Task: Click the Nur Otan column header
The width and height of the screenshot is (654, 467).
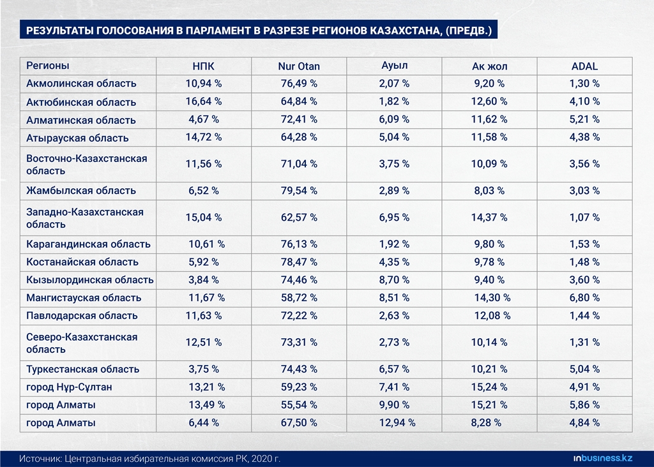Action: click(x=299, y=66)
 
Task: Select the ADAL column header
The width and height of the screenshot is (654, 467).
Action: click(x=584, y=66)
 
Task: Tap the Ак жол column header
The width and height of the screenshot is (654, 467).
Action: click(x=489, y=66)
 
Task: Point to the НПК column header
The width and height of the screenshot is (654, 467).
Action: click(x=203, y=66)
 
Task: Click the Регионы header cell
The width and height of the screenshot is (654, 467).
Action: click(x=47, y=66)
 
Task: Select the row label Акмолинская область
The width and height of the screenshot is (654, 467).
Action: click(x=81, y=84)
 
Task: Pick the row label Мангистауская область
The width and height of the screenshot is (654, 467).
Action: click(x=84, y=298)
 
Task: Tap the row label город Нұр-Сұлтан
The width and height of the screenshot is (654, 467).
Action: click(x=69, y=387)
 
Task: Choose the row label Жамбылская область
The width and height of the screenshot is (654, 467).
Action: click(x=81, y=190)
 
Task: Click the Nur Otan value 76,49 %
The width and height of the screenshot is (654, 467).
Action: click(x=299, y=84)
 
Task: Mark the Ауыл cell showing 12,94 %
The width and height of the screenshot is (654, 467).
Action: click(x=397, y=423)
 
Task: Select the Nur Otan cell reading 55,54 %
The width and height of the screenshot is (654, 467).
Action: click(x=299, y=405)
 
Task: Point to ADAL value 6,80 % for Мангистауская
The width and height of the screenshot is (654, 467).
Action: click(x=584, y=298)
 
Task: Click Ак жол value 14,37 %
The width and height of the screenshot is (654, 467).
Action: click(x=489, y=218)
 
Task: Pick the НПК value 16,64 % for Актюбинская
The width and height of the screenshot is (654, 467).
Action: click(x=204, y=101)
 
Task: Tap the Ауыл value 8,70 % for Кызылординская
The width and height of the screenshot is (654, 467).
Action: click(x=394, y=280)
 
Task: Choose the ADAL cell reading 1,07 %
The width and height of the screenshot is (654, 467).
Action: click(x=584, y=218)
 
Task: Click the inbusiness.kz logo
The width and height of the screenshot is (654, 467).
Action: click(x=603, y=458)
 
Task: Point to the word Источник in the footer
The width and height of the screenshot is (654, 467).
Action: click(x=40, y=459)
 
